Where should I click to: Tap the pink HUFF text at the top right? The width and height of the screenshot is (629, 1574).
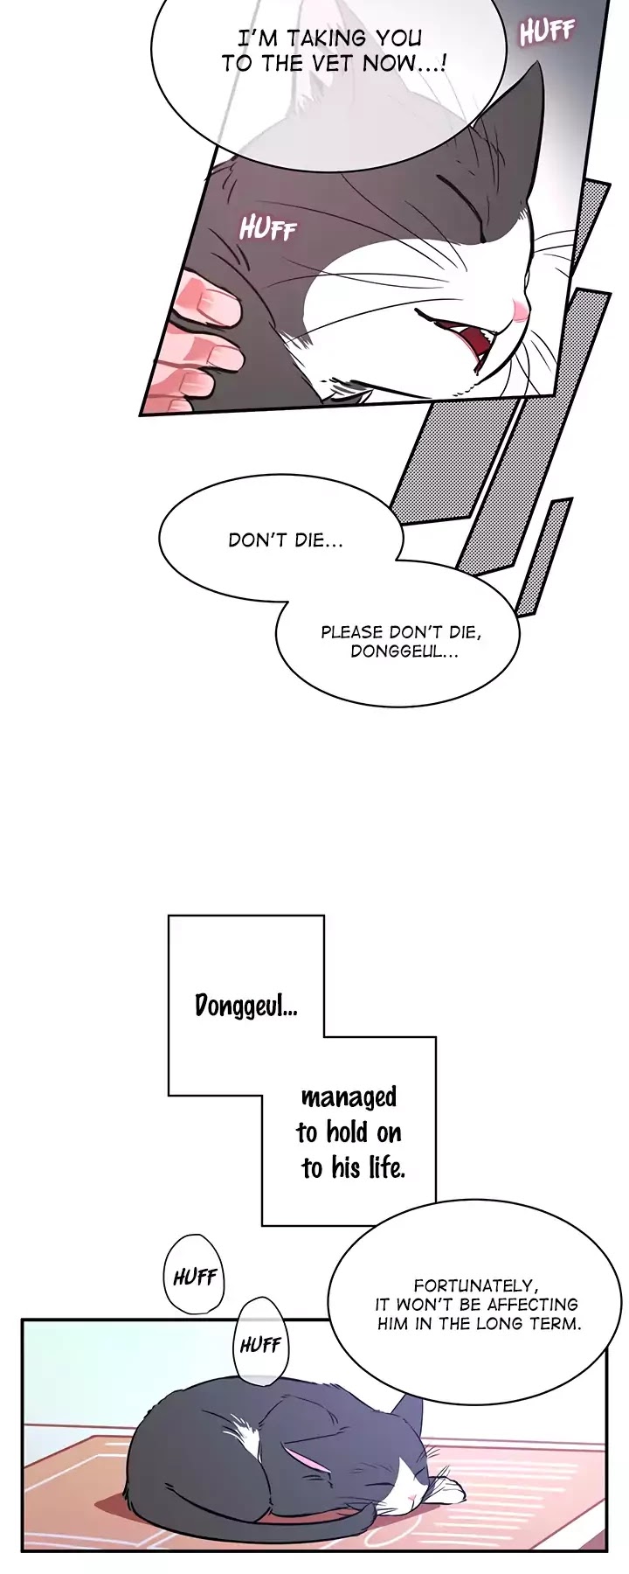[x=547, y=32]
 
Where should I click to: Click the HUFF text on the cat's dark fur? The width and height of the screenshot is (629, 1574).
[x=268, y=229]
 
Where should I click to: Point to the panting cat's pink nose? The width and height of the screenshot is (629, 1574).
[x=518, y=309]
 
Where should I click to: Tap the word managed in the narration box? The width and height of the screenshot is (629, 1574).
[x=349, y=1097]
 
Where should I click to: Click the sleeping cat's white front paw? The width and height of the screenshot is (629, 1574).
[x=448, y=1481]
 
